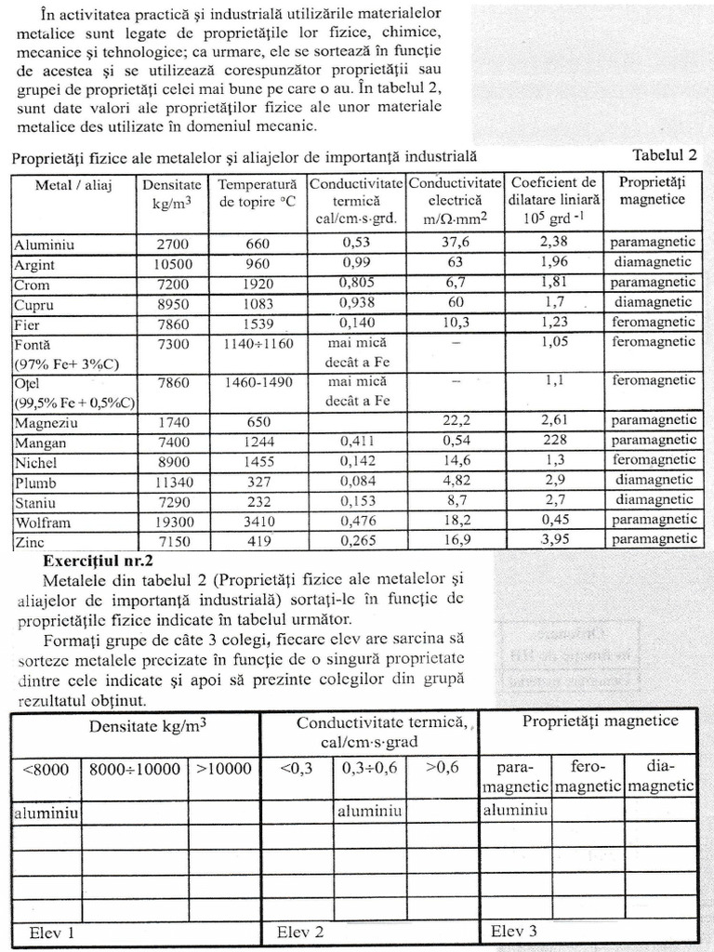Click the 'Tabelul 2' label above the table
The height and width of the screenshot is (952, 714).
point(664,155)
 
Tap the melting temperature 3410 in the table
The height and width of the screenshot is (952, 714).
point(258,522)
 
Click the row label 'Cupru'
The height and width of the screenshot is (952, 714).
point(33,305)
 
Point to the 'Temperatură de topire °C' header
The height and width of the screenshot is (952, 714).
point(257,192)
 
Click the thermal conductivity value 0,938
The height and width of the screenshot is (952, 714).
point(356,303)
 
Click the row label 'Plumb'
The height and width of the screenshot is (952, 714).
point(35,483)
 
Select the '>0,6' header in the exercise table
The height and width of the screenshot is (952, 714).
point(442,769)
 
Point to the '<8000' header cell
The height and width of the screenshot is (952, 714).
point(44,770)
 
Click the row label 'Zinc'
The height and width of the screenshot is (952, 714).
point(30,541)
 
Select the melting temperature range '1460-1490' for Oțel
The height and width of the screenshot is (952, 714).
point(258,382)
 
